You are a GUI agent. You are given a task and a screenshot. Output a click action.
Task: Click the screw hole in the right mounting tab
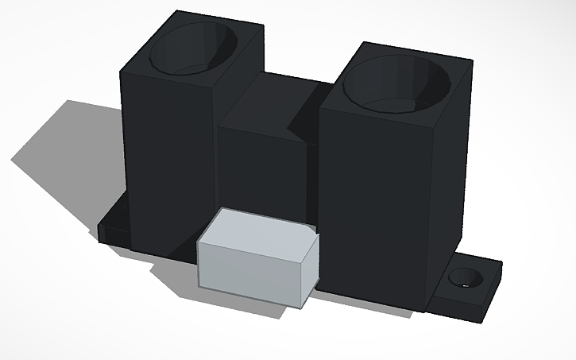pyautogui.click(x=464, y=278)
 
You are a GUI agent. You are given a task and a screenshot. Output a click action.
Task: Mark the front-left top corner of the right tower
pyautogui.click(x=320, y=107)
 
